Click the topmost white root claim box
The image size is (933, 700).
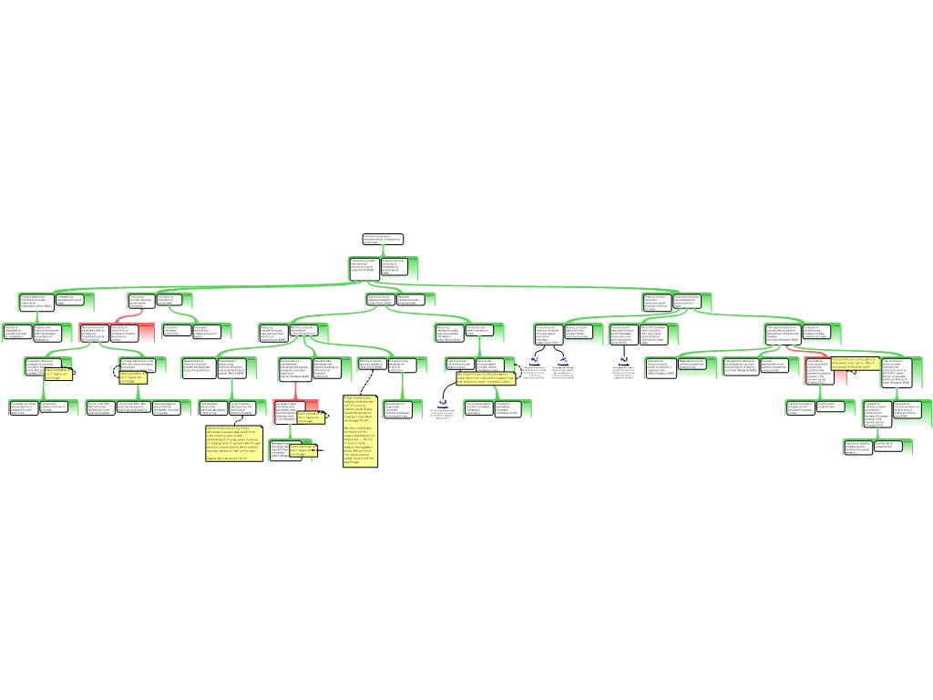pyautogui.click(x=382, y=239)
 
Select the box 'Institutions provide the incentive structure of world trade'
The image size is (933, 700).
pyautogui.click(x=364, y=267)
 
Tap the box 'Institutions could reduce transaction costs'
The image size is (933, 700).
pyautogui.click(x=380, y=299)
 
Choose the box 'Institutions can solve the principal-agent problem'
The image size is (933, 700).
pyautogui.click(x=460, y=363)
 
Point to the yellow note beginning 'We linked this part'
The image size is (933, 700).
pyautogui.click(x=486, y=377)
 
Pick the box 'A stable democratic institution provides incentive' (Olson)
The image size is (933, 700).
pyautogui.click(x=36, y=301)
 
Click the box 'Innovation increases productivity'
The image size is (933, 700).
pyautogui.click(x=174, y=331)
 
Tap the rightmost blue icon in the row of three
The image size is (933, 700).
pyautogui.click(x=624, y=359)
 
